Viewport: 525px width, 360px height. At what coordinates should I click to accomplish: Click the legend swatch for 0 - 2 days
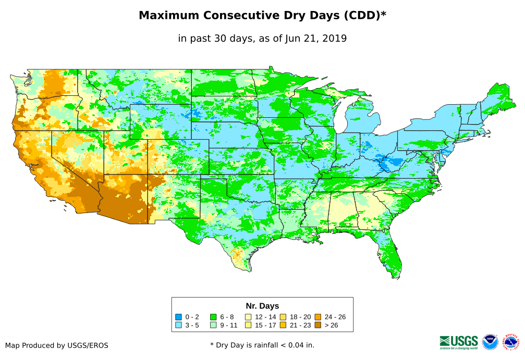point(178,317)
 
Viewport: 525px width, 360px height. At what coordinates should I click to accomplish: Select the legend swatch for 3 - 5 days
point(178,326)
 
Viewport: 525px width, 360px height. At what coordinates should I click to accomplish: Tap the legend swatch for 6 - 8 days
point(213,317)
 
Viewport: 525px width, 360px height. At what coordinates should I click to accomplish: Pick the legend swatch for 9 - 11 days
point(213,326)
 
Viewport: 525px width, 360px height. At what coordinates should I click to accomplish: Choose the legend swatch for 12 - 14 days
point(248,317)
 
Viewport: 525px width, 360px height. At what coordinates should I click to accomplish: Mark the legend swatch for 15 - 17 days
point(248,326)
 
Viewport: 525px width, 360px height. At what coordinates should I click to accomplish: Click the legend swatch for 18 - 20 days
point(283,317)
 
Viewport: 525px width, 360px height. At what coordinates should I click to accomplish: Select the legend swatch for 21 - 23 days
point(283,326)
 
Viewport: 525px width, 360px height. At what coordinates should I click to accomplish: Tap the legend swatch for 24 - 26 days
point(318,317)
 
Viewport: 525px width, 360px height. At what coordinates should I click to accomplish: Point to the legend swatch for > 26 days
point(318,326)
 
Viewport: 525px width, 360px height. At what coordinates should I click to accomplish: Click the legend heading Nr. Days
point(262,306)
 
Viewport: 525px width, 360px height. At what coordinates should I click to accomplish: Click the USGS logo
point(459,342)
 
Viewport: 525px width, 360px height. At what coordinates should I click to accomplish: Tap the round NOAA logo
point(490,342)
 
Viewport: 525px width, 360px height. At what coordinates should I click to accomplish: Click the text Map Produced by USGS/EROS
point(57,345)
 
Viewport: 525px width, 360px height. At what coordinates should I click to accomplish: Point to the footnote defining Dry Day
point(262,345)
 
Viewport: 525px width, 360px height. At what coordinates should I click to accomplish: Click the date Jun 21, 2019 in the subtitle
point(315,38)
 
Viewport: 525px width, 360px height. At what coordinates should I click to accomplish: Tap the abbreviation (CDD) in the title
point(359,16)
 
